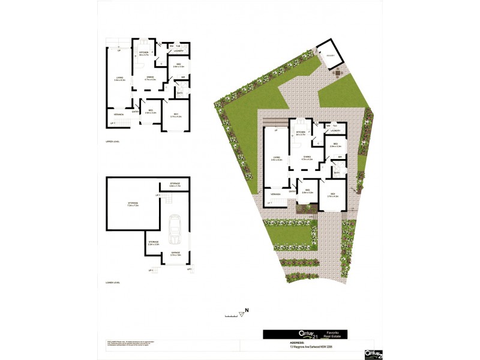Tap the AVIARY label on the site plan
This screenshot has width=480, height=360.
[x=331, y=56]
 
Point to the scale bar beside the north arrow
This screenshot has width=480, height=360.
[x=230, y=314]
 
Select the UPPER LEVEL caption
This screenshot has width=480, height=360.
[x=113, y=142]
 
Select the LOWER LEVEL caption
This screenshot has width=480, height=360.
[x=113, y=281]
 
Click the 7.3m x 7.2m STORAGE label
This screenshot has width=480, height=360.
[x=133, y=205]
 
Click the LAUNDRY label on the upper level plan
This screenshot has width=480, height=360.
[x=178, y=51]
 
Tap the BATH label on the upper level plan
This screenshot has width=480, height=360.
[x=180, y=92]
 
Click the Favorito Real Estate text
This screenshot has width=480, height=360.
[x=334, y=334]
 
